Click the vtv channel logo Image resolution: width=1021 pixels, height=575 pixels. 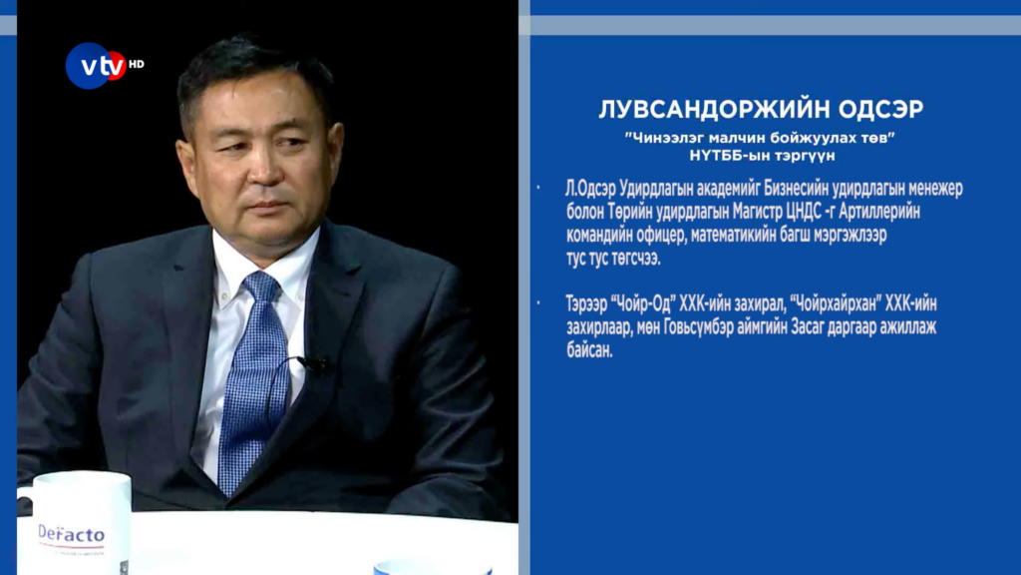point(97,65)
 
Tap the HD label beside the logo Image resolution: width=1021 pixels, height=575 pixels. point(136,64)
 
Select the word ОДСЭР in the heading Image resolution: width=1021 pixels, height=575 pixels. point(880,110)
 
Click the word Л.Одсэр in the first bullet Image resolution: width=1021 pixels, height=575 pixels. point(590,189)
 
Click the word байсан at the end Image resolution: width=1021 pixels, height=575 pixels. point(589,350)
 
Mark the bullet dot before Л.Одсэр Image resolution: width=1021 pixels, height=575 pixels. point(538,189)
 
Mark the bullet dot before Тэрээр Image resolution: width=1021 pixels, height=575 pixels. point(538,303)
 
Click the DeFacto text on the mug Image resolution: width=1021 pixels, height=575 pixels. point(71,534)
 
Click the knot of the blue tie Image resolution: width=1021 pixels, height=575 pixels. point(261,287)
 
